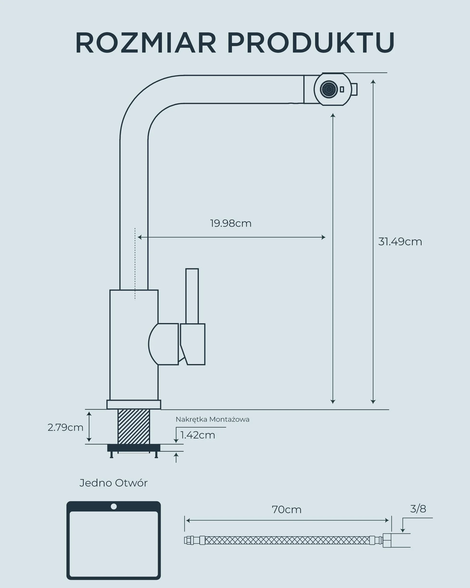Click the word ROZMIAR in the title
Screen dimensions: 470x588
[x=146, y=43]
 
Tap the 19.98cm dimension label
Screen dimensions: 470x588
[x=231, y=223]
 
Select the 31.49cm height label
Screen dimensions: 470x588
[x=400, y=242]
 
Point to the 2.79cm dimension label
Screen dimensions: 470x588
[x=65, y=427]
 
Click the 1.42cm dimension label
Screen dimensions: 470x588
[x=198, y=435]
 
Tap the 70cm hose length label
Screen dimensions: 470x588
[x=287, y=510]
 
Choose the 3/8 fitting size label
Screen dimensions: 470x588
[x=418, y=509]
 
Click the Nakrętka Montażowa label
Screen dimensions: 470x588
[x=212, y=420]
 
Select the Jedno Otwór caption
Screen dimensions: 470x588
[x=113, y=483]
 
